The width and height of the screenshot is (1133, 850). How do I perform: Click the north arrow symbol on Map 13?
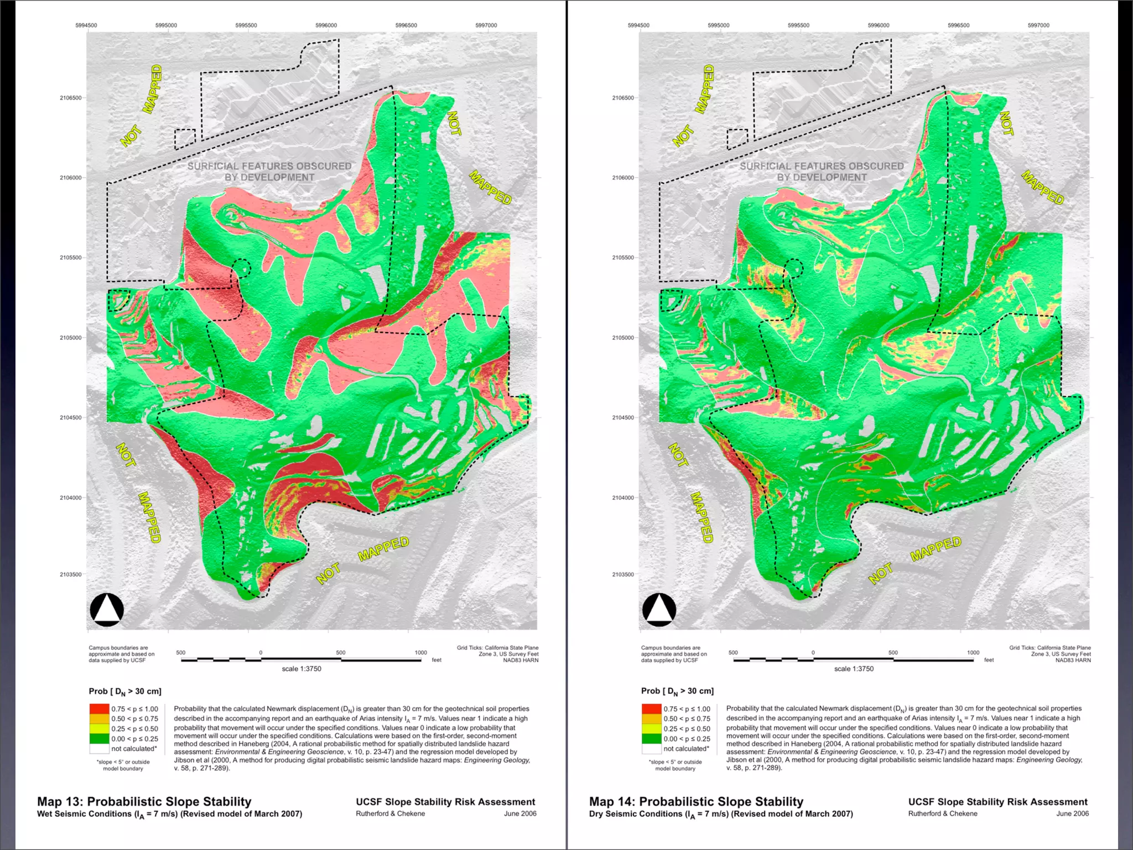click(x=107, y=609)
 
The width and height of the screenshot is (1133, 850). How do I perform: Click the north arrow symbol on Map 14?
click(x=659, y=609)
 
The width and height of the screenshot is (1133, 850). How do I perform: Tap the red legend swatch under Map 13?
click(x=99, y=709)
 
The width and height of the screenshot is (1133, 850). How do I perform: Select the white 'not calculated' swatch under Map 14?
click(x=651, y=749)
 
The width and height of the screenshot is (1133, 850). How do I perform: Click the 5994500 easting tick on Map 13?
click(x=86, y=25)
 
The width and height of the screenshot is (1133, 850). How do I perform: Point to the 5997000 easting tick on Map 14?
click(x=1038, y=25)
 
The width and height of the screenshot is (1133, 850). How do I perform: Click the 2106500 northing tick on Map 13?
click(x=71, y=98)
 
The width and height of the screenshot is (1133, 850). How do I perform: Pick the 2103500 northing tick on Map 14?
click(x=623, y=574)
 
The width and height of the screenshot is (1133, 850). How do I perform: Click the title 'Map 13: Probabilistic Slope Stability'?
click(x=144, y=801)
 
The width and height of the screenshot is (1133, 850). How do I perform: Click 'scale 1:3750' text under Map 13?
click(x=302, y=668)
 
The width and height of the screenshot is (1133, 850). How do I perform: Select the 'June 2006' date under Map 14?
click(x=1072, y=813)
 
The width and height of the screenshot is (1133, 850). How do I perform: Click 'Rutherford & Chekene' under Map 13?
click(x=391, y=813)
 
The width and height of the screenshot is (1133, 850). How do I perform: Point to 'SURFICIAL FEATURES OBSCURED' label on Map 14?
click(x=822, y=166)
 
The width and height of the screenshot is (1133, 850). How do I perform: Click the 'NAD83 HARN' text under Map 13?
click(x=521, y=660)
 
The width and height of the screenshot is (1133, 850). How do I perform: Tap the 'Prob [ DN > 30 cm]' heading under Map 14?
click(x=677, y=691)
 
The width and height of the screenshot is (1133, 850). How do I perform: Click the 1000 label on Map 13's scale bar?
click(x=420, y=652)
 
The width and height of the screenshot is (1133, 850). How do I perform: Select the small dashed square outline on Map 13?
click(x=185, y=139)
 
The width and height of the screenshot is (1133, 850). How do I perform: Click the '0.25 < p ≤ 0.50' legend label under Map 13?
click(x=134, y=729)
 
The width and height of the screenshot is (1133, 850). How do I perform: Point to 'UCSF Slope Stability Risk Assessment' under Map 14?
click(x=997, y=802)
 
